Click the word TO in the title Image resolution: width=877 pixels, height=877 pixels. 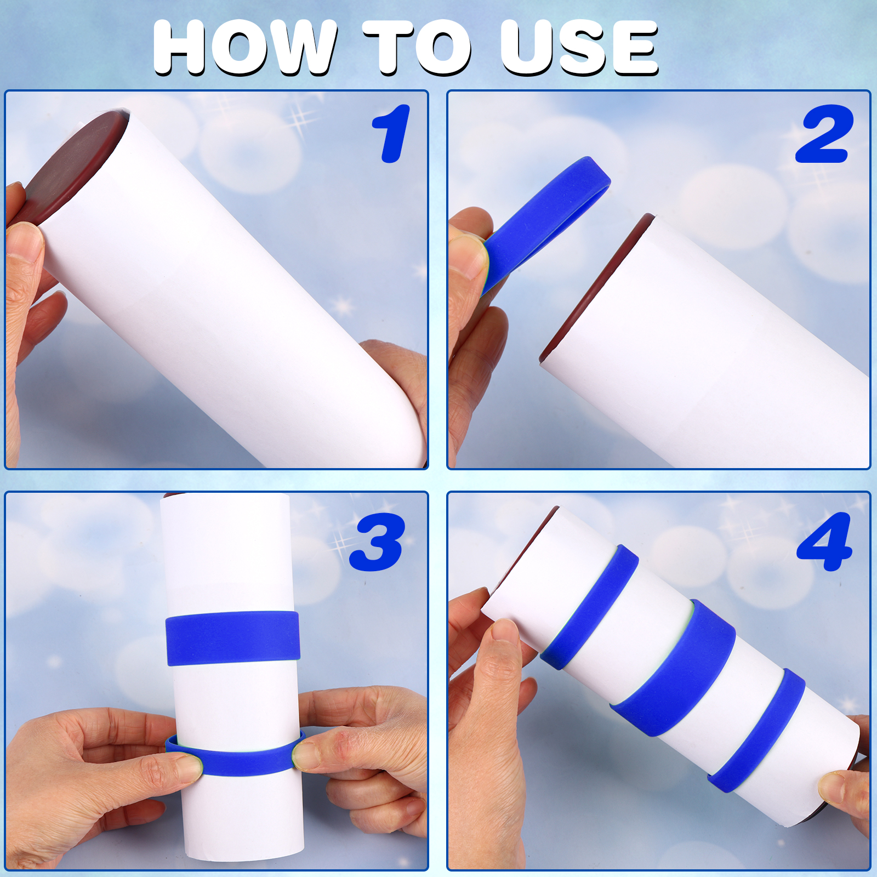coord(417,48)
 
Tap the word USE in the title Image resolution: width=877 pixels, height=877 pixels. coord(579,48)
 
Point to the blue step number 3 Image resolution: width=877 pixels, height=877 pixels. coord(377,542)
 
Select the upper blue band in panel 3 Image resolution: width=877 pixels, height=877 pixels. coord(233,639)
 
